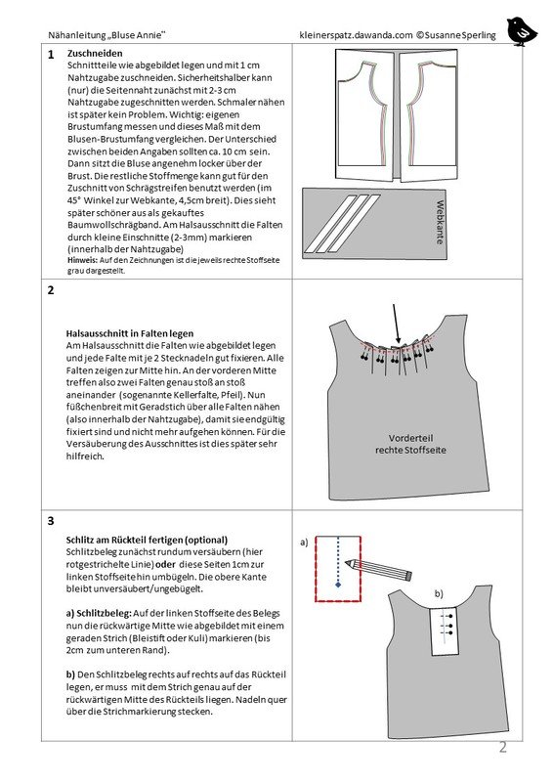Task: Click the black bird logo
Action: point(522,31)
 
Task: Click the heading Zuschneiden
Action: point(95,54)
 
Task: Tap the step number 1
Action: point(51,55)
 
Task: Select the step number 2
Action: point(51,290)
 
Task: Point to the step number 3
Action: point(51,521)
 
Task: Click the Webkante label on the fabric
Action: point(440,222)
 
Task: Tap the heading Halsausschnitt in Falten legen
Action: point(130,333)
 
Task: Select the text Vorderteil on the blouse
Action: point(410,438)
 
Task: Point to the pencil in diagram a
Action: point(379,569)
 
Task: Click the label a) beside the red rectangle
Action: point(304,543)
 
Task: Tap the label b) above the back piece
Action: point(439,593)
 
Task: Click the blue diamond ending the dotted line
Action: point(339,584)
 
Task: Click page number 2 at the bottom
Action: point(502,747)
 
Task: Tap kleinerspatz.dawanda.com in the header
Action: point(356,35)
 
